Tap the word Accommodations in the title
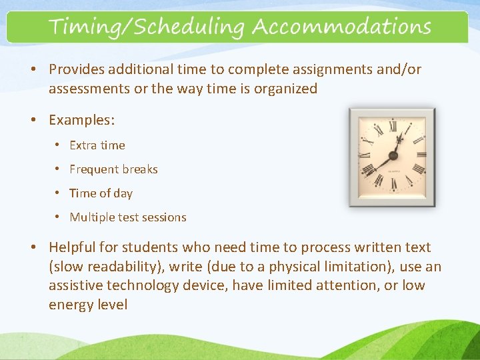341,27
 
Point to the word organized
279,89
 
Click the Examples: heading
82,120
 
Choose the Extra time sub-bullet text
97,145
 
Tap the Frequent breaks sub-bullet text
113,169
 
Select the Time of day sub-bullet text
101,193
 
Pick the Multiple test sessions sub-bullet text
128,217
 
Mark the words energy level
88,305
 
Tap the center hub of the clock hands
393,156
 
